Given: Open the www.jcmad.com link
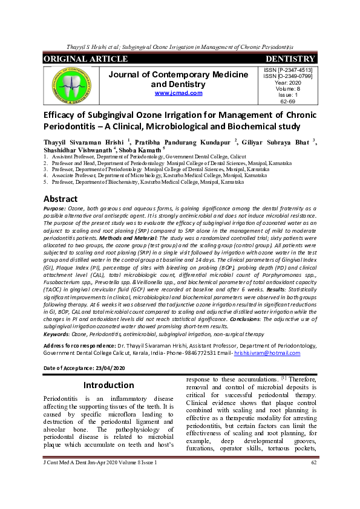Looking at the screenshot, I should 178,93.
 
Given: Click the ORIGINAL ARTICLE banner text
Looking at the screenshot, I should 85,59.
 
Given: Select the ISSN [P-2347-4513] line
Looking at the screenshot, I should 288,71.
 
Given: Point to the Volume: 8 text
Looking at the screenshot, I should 288,89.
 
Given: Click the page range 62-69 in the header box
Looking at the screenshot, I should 288,102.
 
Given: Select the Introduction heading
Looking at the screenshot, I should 108,385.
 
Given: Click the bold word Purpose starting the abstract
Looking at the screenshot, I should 55,208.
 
